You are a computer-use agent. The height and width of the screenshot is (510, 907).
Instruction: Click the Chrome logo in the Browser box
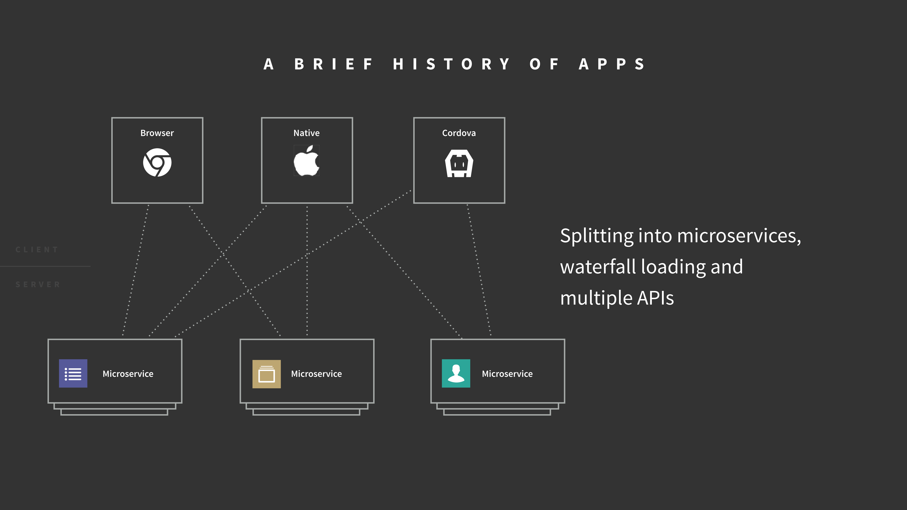(157, 163)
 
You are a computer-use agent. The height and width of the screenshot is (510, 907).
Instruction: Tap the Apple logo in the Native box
(306, 161)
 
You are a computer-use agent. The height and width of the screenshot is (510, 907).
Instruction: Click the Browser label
(157, 133)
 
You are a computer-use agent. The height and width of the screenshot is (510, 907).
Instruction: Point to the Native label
(306, 133)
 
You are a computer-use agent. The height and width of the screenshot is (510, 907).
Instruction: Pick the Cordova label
(459, 133)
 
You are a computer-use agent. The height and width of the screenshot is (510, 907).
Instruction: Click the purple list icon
(73, 373)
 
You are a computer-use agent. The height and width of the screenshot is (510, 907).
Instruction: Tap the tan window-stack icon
(266, 374)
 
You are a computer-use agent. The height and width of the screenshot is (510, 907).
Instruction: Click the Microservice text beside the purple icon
(128, 374)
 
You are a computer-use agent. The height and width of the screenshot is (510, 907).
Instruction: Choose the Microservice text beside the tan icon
(316, 374)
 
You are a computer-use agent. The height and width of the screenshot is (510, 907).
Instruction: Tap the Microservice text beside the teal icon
(507, 374)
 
